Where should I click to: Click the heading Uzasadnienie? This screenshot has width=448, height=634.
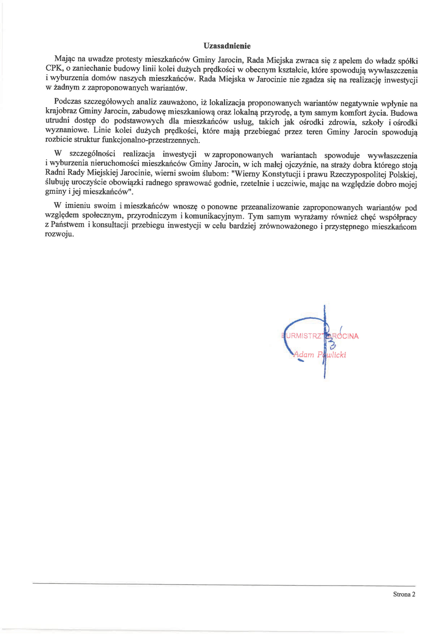point(227,46)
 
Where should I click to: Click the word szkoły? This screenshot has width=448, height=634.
point(372,123)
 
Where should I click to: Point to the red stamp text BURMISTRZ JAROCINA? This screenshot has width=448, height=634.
point(320,336)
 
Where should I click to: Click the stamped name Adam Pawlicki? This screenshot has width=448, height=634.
point(319,355)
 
